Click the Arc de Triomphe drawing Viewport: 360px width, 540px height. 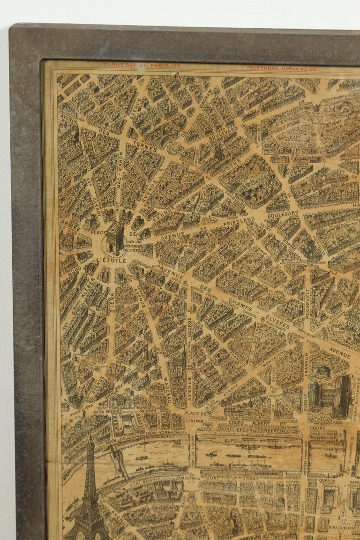pyautogui.click(x=115, y=238)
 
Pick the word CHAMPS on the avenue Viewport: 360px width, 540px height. pyautogui.click(x=240, y=306)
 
